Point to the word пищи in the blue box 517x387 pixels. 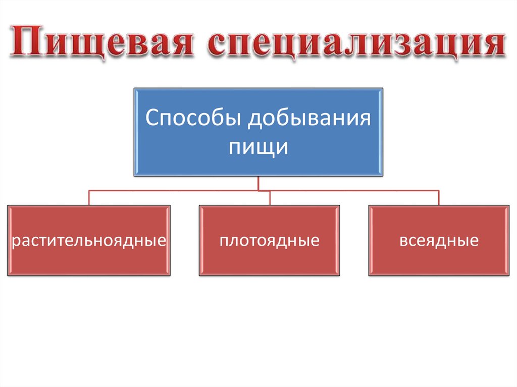click(258, 147)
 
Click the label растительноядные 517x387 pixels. click(89, 240)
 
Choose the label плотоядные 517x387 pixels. click(269, 240)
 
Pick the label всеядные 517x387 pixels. click(439, 240)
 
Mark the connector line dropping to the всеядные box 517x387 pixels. click(439, 198)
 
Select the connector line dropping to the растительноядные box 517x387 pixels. click(89, 198)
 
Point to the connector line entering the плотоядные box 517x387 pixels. click(270, 198)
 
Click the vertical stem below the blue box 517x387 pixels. click(258, 183)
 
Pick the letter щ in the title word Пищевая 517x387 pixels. click(85, 44)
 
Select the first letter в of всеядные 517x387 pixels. click(403, 241)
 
